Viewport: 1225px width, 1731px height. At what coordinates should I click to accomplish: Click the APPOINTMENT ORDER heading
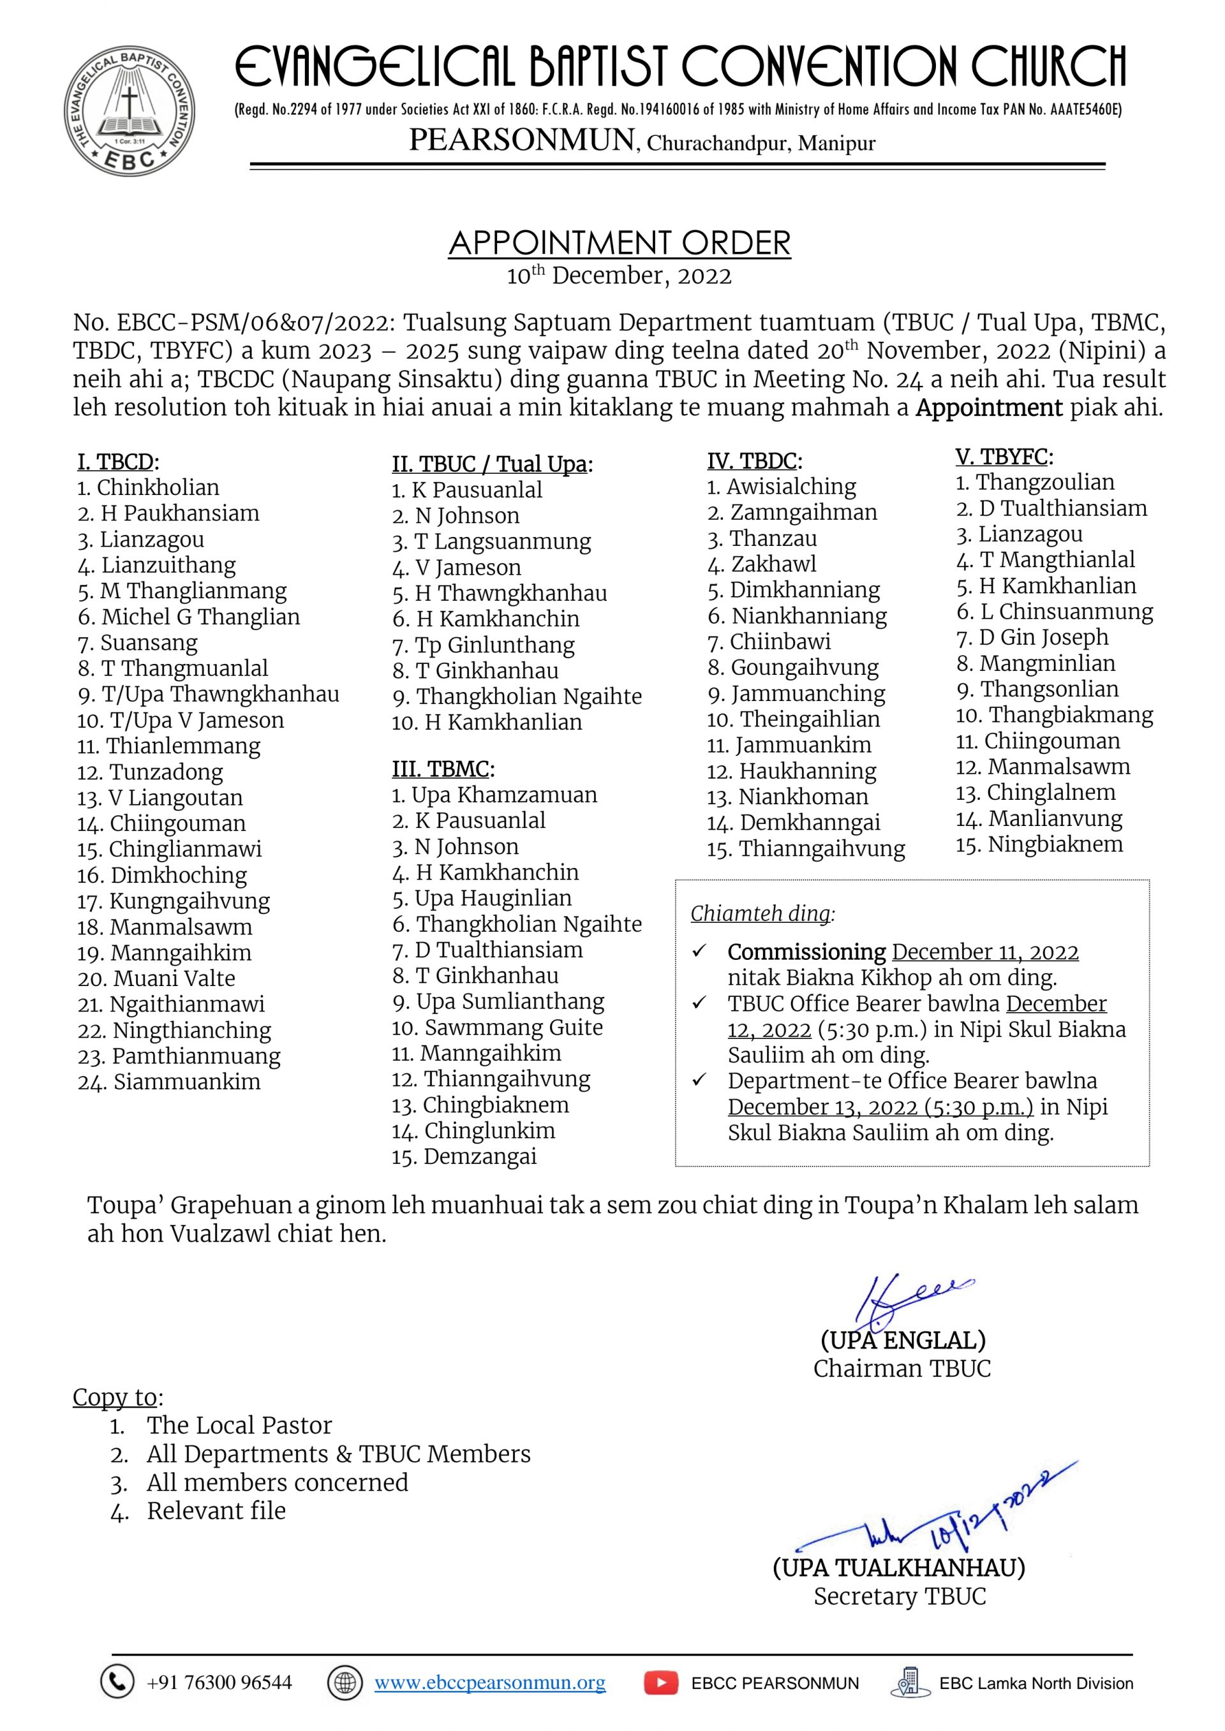620,243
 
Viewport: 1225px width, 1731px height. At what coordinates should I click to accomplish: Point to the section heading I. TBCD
117,461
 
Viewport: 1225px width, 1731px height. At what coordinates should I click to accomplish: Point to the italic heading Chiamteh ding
762,914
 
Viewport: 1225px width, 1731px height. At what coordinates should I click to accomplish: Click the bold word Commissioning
806,952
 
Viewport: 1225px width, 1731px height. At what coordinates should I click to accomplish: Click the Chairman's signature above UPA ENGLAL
905,1299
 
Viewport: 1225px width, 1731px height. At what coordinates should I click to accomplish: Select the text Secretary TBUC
900,1597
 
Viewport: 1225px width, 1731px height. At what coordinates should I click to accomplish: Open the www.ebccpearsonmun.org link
489,1683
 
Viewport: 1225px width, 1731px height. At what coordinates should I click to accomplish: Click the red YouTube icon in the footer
661,1683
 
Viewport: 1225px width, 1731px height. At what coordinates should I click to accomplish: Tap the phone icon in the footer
117,1682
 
